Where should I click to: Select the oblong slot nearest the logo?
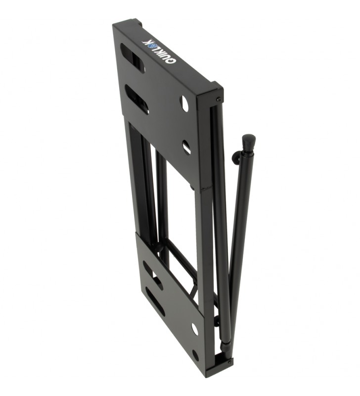click(133, 58)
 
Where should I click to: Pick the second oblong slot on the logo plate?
click(136, 99)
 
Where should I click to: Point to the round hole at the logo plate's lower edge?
click(187, 147)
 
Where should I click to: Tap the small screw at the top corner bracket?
click(219, 99)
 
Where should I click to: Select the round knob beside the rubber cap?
click(235, 158)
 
